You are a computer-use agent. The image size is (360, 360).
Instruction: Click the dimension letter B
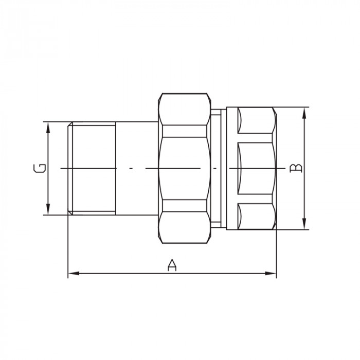click(x=296, y=168)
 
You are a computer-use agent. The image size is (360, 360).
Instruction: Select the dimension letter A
click(x=172, y=265)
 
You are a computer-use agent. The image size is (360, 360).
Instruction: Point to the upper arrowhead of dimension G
click(x=48, y=127)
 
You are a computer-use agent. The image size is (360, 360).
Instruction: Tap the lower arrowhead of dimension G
click(x=48, y=210)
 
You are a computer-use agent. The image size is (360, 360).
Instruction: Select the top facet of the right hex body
click(x=256, y=119)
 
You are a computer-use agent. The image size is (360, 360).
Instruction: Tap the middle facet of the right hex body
click(x=256, y=168)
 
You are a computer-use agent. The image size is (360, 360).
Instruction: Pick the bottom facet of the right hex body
click(x=256, y=217)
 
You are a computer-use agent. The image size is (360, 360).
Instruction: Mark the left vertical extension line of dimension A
click(x=68, y=247)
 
